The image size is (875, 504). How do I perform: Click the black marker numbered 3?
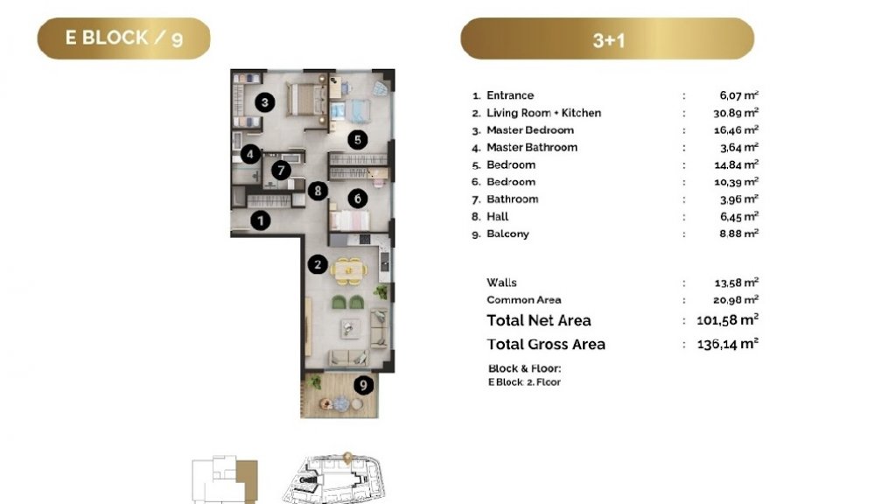[x=264, y=102]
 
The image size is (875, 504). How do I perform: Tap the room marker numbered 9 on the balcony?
[x=363, y=385]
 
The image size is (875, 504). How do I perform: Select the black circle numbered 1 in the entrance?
[x=260, y=221]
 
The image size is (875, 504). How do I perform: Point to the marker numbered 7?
[x=281, y=171]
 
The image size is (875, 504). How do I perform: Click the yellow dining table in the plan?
[x=349, y=269]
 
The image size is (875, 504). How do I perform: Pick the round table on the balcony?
[x=341, y=402]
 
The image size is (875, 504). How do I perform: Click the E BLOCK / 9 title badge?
[x=124, y=38]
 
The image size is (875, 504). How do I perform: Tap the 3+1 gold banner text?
[x=608, y=40]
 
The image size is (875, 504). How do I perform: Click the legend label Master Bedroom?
[x=529, y=130]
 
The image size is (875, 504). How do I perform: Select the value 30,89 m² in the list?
[x=736, y=113]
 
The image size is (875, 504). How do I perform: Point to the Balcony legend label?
[x=507, y=234]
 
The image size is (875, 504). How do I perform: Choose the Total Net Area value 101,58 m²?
[x=727, y=320]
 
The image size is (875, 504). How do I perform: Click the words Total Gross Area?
[x=546, y=345]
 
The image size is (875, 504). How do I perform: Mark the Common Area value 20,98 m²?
[x=736, y=300]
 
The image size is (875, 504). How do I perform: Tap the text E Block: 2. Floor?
[x=524, y=382]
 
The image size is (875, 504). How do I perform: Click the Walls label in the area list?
[x=501, y=283]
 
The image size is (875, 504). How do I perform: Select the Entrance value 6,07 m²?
[x=738, y=95]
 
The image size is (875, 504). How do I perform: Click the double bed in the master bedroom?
[x=305, y=100]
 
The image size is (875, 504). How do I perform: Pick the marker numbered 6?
[x=358, y=198]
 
